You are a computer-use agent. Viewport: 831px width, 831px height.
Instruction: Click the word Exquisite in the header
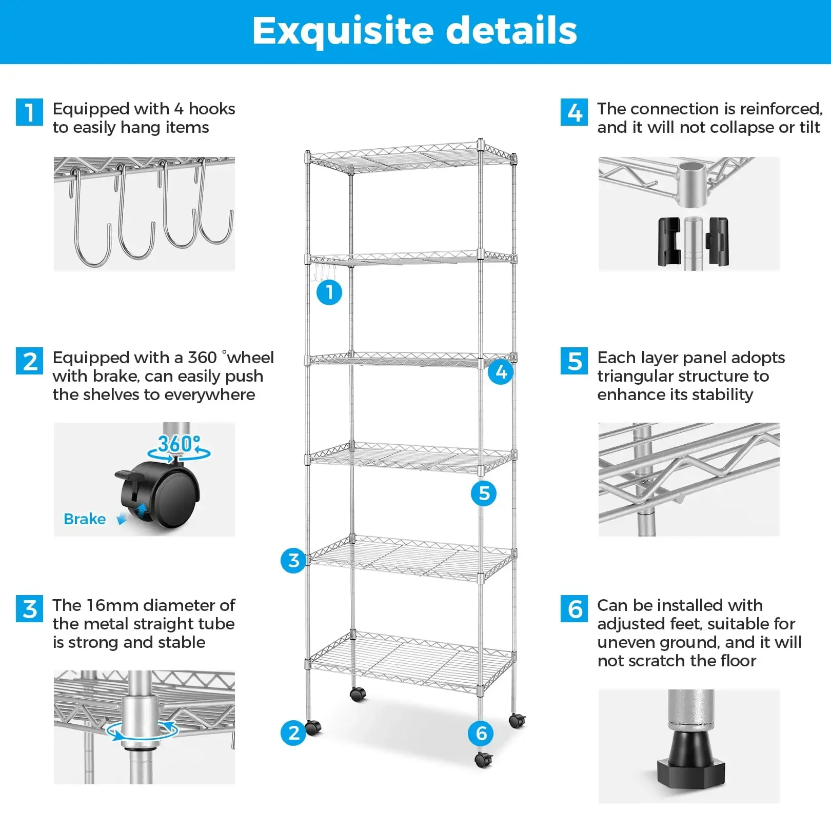pyautogui.click(x=343, y=31)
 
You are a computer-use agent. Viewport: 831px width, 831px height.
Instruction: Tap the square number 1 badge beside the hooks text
pyautogui.click(x=29, y=112)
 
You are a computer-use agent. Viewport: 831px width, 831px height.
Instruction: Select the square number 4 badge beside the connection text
pyautogui.click(x=574, y=112)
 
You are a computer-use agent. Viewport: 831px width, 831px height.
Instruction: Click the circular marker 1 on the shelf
pyautogui.click(x=329, y=292)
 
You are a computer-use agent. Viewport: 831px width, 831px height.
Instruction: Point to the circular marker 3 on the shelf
pyautogui.click(x=293, y=560)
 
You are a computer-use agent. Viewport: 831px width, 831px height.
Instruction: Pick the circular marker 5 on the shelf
pyautogui.click(x=484, y=493)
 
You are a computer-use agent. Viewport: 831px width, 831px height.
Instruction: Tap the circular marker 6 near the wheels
pyautogui.click(x=481, y=734)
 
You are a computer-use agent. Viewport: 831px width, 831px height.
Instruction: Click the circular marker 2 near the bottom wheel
pyautogui.click(x=293, y=733)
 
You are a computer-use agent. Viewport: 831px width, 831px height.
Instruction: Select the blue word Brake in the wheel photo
pyautogui.click(x=85, y=519)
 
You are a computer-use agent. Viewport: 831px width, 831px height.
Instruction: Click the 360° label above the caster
pyautogui.click(x=178, y=444)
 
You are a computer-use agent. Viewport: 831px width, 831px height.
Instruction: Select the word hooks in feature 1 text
pyautogui.click(x=211, y=109)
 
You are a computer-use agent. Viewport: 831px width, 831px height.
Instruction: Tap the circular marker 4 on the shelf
pyautogui.click(x=501, y=371)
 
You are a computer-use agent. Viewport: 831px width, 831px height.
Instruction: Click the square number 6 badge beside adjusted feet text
pyautogui.click(x=574, y=609)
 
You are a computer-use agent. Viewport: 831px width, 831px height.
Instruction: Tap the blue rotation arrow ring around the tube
pyautogui.click(x=142, y=731)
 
